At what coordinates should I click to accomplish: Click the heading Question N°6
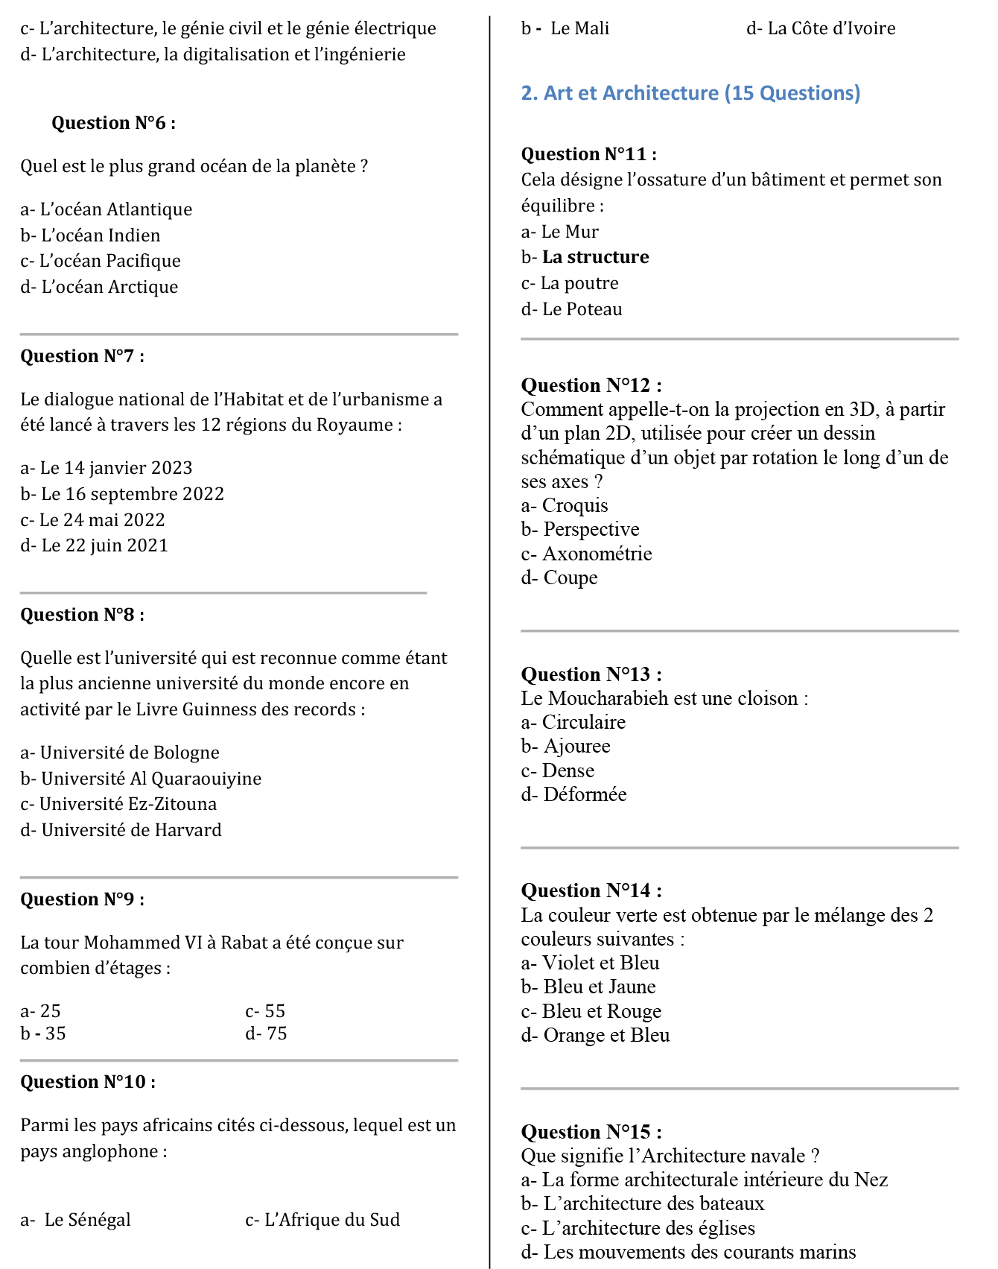(113, 123)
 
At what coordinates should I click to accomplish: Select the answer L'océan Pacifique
(101, 261)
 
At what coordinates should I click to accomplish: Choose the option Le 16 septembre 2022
(122, 494)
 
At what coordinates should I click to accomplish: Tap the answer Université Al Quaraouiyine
(141, 779)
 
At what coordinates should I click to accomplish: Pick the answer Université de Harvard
(121, 830)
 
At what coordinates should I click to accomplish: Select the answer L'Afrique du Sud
(322, 1220)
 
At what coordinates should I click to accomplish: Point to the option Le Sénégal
(76, 1220)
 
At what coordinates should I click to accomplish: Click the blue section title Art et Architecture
(690, 93)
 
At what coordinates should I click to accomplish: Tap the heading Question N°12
(591, 385)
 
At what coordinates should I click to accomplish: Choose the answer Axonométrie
(586, 554)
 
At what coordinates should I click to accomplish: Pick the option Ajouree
(566, 746)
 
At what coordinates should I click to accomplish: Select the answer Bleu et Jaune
(588, 987)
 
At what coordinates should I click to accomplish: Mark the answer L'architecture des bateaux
(643, 1203)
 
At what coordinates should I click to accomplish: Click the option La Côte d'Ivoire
(821, 28)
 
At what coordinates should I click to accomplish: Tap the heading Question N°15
(591, 1132)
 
